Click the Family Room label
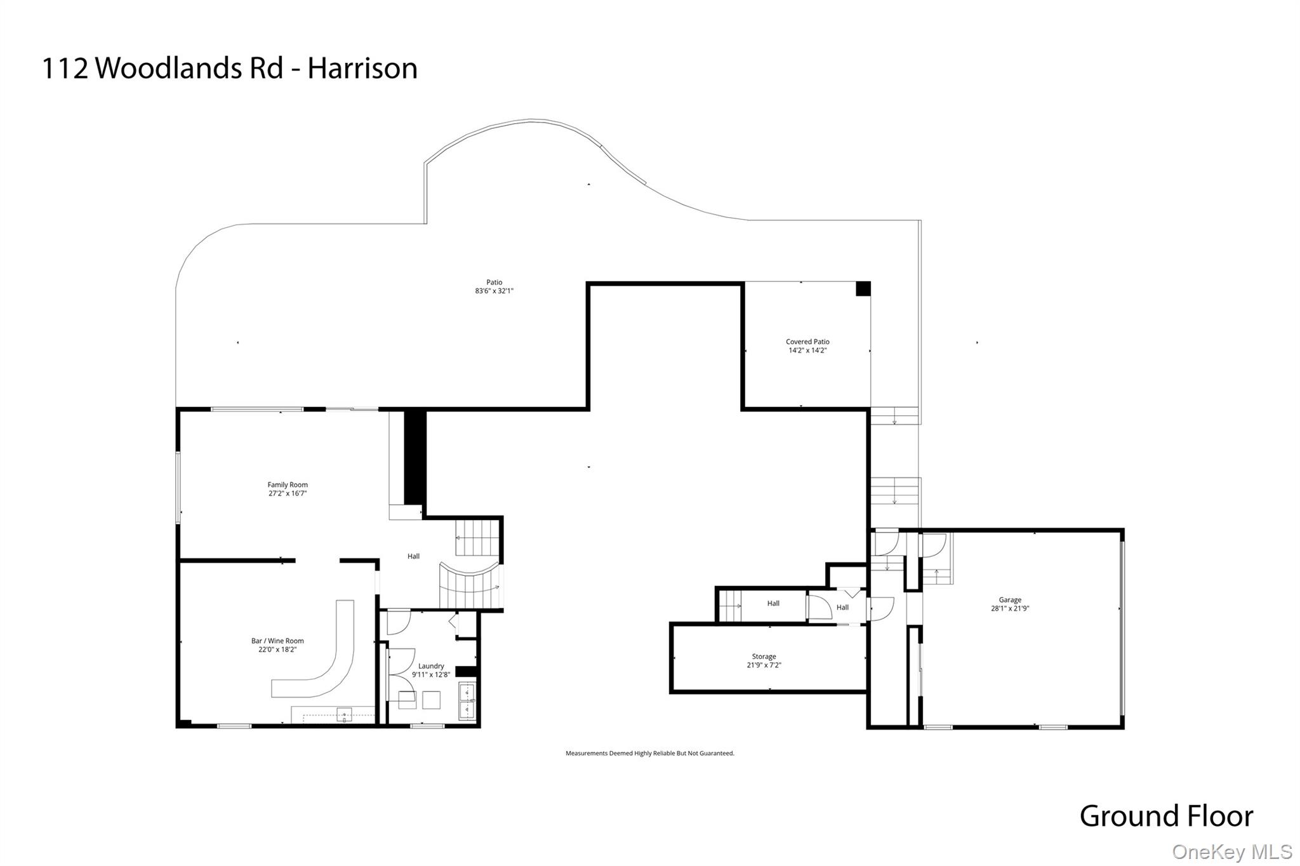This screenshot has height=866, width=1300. point(288,484)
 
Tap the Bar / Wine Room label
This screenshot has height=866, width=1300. point(277,641)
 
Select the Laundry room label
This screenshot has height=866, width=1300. point(431,666)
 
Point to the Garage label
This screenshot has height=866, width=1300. point(1010,599)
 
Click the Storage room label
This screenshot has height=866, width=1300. point(764,656)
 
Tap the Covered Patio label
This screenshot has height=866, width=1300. point(807,342)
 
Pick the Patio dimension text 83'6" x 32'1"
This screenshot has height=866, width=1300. point(494,291)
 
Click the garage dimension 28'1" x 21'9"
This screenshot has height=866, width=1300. point(1010,608)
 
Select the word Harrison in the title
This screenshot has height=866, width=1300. point(362,69)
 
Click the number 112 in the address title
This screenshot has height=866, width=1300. point(64,69)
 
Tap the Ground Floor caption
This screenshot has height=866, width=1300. point(1166,816)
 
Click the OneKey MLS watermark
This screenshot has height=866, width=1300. point(1231,851)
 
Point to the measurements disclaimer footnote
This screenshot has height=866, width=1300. point(649,754)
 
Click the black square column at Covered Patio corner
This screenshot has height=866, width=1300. point(863,289)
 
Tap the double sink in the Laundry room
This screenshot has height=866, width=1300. point(467,700)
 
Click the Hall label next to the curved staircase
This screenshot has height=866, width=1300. point(413,556)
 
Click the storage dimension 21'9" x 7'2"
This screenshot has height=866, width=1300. point(764,665)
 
